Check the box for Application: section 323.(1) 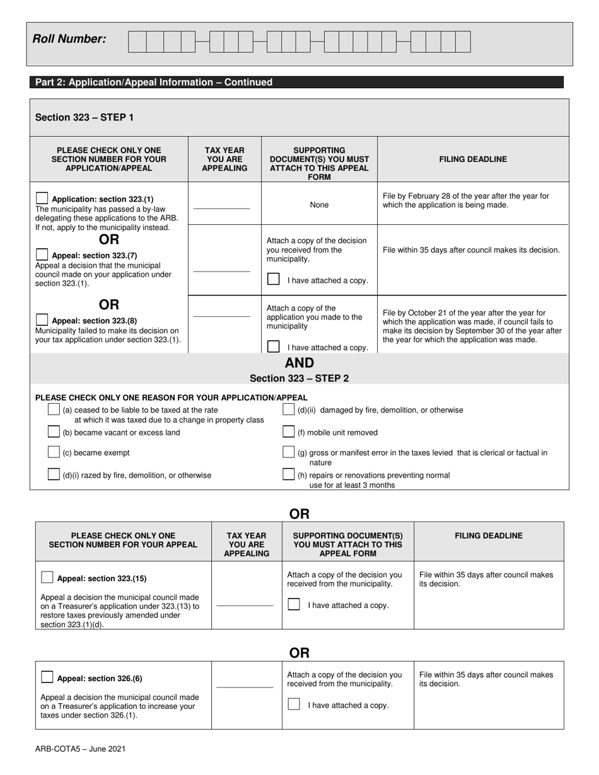click(x=42, y=198)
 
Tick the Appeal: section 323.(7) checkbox click(x=42, y=255)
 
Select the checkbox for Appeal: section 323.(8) click(x=42, y=319)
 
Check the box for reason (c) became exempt click(x=54, y=452)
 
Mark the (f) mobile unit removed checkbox click(x=289, y=432)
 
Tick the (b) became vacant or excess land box click(x=54, y=432)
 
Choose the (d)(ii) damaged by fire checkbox click(x=289, y=410)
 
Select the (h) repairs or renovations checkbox click(x=289, y=474)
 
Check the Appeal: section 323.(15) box click(x=47, y=578)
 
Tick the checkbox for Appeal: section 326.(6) click(x=47, y=678)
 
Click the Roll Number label click(x=69, y=39)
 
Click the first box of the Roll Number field click(x=137, y=42)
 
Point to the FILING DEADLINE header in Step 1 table click(x=473, y=159)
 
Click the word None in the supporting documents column click(x=319, y=205)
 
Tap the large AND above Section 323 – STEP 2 click(x=299, y=363)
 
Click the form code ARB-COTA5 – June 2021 click(x=80, y=749)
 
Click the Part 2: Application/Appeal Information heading click(x=154, y=83)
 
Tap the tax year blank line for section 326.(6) click(x=245, y=687)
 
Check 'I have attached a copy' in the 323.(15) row click(x=294, y=604)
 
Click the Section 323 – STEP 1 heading click(x=84, y=117)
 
